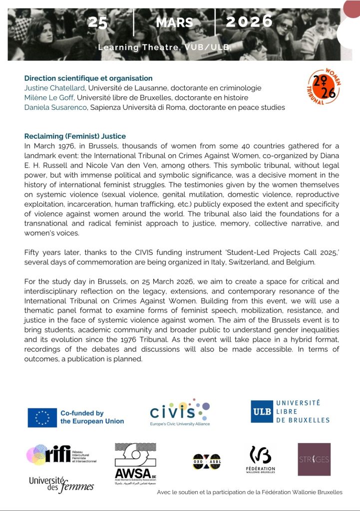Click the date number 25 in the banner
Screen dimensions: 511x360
pos(98,22)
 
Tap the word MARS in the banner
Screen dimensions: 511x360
pos(174,22)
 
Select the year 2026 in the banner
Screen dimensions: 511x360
pos(249,21)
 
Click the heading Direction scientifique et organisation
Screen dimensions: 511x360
pos(88,78)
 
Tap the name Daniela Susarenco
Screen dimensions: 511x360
pos(55,107)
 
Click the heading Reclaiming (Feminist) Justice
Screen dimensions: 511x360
pos(75,136)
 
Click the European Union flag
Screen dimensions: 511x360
pos(42,417)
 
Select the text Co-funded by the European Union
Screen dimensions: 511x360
pos(92,417)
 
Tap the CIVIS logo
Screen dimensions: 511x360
pos(180,412)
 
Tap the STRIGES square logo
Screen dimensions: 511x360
pos(314,459)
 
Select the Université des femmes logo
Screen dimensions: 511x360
pos(61,484)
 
